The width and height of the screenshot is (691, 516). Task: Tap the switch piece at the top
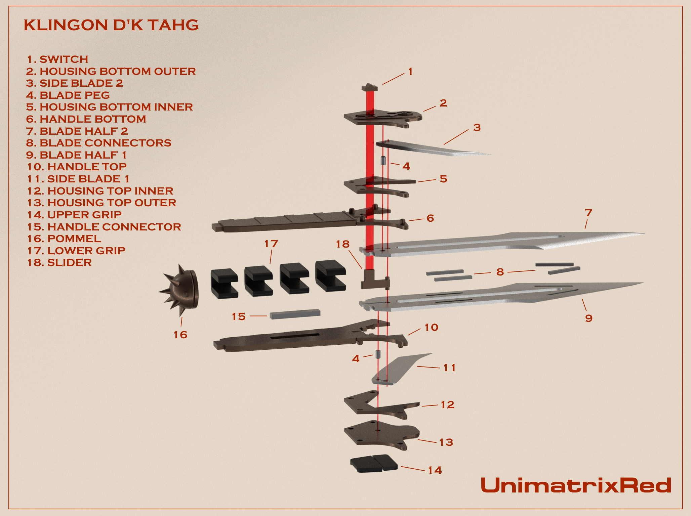pos(370,88)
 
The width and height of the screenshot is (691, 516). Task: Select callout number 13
pos(446,442)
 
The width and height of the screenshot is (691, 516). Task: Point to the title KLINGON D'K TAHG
pos(111,25)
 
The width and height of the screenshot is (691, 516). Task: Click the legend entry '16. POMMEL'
pos(64,239)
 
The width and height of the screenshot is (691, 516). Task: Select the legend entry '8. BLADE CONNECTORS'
pos(98,143)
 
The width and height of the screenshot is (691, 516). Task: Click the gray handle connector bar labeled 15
pos(295,314)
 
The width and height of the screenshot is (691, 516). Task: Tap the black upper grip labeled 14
pos(374,464)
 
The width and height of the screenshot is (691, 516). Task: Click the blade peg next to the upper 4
pos(383,161)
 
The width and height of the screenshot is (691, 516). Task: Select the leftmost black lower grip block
pos(224,284)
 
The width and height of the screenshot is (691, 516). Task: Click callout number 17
pos(271,244)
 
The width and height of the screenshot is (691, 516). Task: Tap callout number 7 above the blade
pos(588,213)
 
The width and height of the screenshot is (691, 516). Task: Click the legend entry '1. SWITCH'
pos(57,59)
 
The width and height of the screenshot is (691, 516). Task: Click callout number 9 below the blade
pos(588,318)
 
